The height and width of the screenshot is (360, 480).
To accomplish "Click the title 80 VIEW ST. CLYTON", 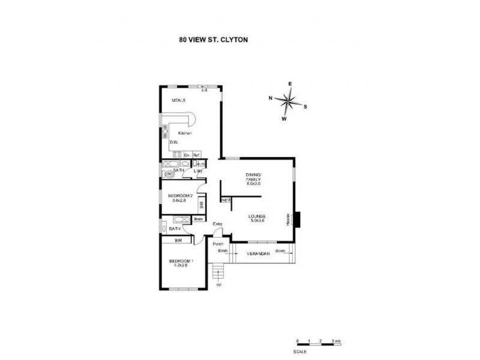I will click(x=213, y=40).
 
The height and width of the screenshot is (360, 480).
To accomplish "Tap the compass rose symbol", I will click(x=289, y=101).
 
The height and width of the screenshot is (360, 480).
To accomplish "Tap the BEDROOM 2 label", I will click(x=179, y=197).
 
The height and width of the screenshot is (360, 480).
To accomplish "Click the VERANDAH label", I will click(x=258, y=254).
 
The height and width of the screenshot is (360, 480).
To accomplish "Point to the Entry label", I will click(x=217, y=224).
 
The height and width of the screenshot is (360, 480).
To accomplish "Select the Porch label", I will click(x=218, y=244).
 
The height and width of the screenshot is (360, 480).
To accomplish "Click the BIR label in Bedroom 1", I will click(x=178, y=241).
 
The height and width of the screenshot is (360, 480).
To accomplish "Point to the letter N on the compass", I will click(x=271, y=97).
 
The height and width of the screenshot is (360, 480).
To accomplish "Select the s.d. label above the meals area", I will click(x=204, y=91).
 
